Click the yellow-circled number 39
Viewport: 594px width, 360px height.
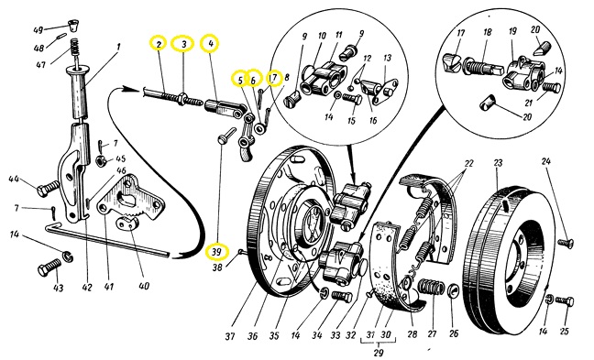click(x=216, y=253)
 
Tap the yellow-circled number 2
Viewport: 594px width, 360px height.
click(x=159, y=44)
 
